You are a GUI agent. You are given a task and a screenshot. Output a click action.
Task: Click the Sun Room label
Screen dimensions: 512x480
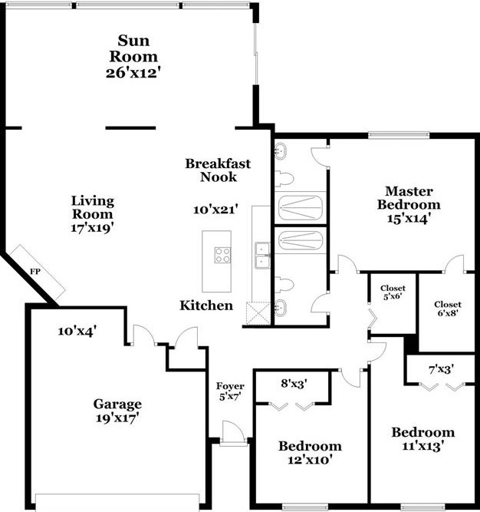click(138, 48)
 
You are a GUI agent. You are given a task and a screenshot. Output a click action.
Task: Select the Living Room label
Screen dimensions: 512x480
click(93, 207)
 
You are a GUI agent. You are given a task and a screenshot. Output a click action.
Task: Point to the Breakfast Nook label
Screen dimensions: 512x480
click(218, 170)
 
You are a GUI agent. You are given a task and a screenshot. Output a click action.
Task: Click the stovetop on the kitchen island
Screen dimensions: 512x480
click(223, 255)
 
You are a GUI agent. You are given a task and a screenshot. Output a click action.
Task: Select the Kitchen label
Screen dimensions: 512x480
click(206, 306)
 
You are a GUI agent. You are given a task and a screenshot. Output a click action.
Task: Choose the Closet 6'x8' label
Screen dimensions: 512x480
click(447, 309)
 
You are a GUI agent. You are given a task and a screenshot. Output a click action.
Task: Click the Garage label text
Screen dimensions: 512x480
click(117, 404)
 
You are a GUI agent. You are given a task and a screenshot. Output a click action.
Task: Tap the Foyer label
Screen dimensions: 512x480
click(229, 391)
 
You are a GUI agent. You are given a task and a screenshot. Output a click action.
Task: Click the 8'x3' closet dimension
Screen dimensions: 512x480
click(292, 382)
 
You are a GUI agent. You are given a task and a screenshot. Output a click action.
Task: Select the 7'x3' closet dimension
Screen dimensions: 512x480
click(442, 369)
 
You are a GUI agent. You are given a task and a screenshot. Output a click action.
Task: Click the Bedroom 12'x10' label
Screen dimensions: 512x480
click(310, 453)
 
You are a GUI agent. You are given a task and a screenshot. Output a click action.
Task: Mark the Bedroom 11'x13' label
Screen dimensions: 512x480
click(422, 438)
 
